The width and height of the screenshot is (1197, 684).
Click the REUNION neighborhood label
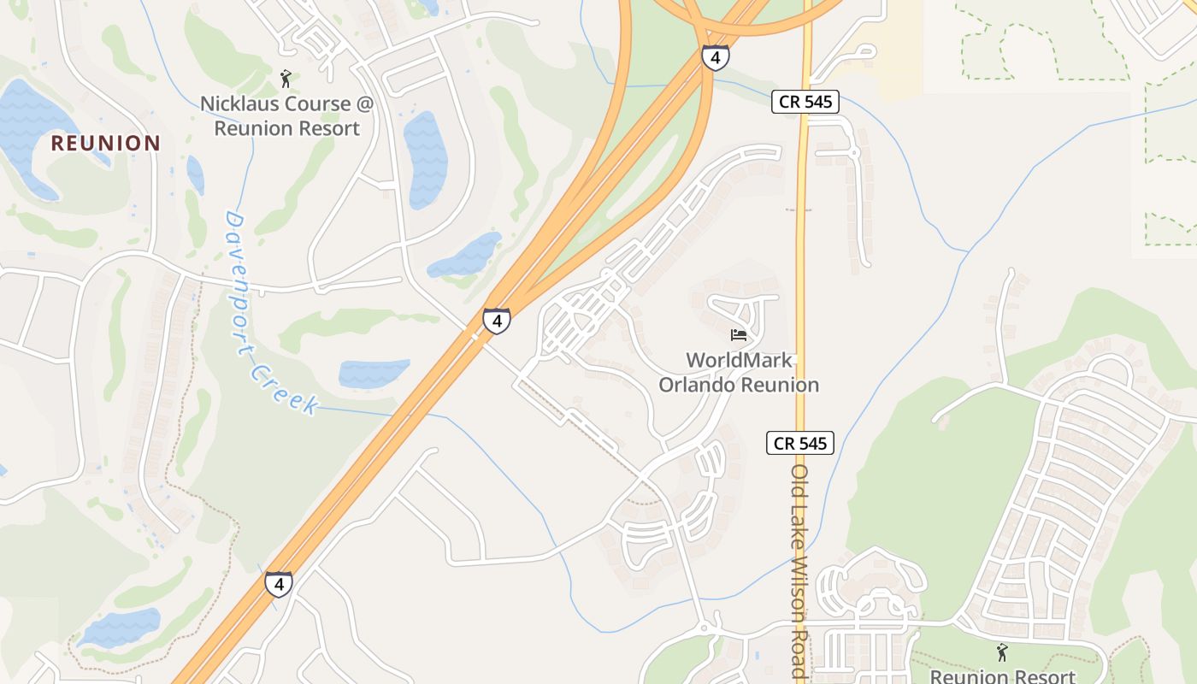105,143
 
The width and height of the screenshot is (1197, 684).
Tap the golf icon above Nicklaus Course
286,79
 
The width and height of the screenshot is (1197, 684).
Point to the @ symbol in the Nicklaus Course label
365,104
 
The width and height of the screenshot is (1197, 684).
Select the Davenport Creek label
268,312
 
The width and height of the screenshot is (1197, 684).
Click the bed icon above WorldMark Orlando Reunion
739,334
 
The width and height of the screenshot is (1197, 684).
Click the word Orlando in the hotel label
696,385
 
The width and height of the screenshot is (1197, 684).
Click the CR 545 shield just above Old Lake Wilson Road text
799,443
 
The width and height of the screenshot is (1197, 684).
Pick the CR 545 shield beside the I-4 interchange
805,102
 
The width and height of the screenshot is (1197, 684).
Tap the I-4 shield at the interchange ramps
716,57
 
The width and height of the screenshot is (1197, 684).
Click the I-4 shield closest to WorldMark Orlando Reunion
497,321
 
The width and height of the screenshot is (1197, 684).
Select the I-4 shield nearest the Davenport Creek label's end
278,584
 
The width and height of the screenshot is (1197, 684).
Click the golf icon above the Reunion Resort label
1002,652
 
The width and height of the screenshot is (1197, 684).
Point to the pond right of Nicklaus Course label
426,158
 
